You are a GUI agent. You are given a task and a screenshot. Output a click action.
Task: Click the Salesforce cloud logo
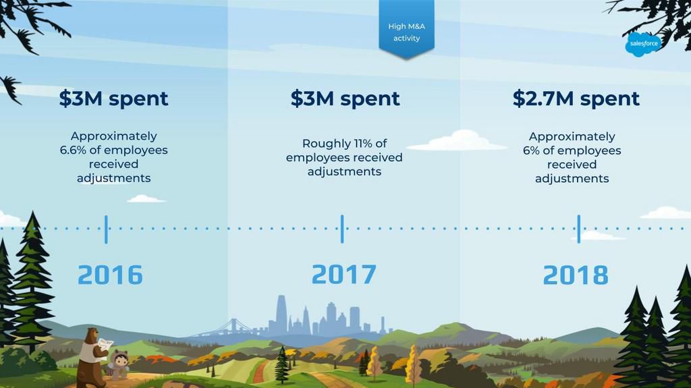click(x=643, y=44)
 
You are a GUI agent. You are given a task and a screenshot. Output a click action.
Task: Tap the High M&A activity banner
click(x=406, y=29)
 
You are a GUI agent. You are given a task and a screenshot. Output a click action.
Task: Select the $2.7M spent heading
click(x=576, y=99)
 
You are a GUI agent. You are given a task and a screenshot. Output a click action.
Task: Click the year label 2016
click(x=110, y=275)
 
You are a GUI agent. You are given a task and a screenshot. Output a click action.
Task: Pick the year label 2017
click(x=343, y=274)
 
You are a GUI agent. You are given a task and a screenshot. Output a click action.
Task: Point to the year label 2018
click(x=576, y=275)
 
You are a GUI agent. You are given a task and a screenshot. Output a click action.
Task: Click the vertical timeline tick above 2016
click(x=106, y=229)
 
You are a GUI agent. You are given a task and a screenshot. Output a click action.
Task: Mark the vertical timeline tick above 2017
click(x=342, y=229)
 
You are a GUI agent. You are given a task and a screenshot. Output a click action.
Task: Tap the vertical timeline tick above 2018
click(x=578, y=229)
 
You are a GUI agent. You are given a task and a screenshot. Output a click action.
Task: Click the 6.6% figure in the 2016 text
click(x=73, y=150)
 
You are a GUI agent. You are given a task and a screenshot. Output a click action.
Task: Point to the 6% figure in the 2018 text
click(x=531, y=150)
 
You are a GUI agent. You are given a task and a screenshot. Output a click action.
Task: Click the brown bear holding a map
click(x=92, y=356)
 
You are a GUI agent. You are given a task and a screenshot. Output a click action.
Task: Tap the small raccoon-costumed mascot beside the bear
click(x=119, y=365)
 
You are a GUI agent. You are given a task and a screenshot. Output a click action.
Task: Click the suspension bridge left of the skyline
click(x=225, y=329)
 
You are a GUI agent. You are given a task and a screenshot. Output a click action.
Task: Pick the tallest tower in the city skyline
click(x=281, y=314)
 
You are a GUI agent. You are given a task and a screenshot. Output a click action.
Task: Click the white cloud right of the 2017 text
click(x=457, y=140)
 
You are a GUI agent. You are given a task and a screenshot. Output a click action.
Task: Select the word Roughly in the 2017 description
click(x=326, y=144)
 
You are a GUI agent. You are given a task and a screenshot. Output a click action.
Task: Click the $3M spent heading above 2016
click(x=113, y=99)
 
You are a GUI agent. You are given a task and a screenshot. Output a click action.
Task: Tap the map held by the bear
click(x=105, y=344)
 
